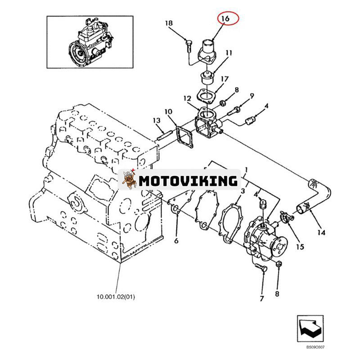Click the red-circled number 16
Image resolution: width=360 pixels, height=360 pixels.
pos(225,18)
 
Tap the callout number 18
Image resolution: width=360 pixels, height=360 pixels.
pos(169,23)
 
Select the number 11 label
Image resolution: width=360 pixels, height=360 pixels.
pos(229,53)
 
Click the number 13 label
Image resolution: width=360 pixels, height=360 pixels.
pos(156,120)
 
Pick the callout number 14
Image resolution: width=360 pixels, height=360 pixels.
pos(321,233)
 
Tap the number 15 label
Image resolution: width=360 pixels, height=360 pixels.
pos(299,246)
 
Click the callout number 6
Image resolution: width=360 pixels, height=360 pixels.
pos(176,241)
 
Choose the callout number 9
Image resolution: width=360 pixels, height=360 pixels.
pos(252,95)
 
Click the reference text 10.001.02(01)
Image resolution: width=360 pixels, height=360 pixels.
pos(115,297)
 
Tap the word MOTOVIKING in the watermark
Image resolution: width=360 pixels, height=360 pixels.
pos(188,181)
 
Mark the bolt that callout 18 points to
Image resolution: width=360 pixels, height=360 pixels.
pos(189,45)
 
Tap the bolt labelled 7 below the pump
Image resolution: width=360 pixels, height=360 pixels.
pos(262,268)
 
